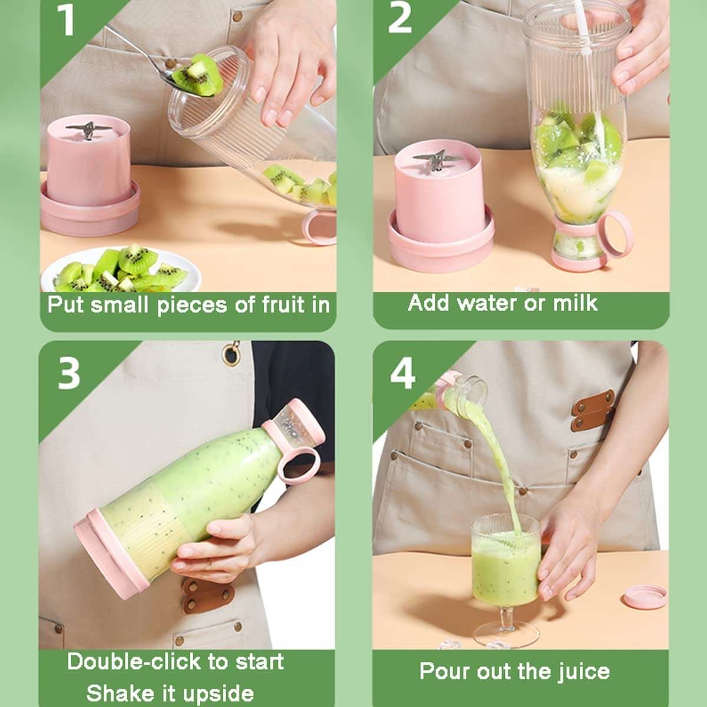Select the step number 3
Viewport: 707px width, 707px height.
tap(69, 372)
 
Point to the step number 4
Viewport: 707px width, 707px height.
tap(402, 373)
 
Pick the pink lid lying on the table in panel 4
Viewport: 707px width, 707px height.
tap(643, 597)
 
